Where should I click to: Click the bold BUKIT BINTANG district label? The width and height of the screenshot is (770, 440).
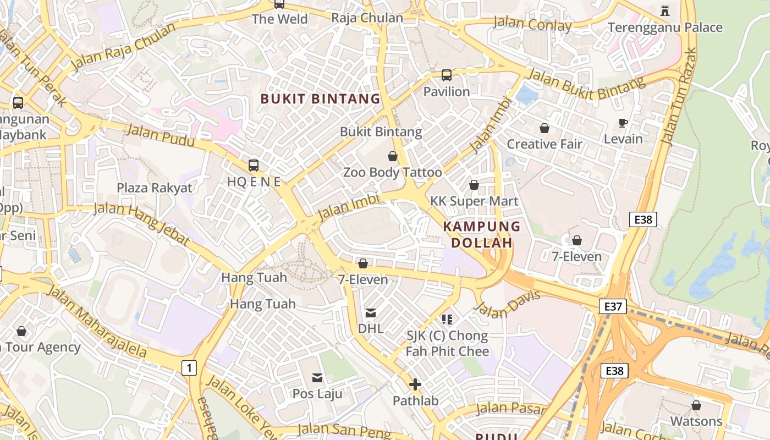tap(320, 99)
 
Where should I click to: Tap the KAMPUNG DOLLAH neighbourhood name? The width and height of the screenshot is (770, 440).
tap(482, 234)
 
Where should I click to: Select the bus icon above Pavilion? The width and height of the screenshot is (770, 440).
tap(447, 75)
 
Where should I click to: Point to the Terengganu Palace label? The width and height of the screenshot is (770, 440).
tap(665, 28)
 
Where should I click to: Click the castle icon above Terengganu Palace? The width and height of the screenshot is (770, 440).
tap(665, 10)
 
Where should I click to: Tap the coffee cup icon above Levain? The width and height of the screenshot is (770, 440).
tap(623, 123)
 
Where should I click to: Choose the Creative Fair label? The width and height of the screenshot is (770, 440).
tap(544, 144)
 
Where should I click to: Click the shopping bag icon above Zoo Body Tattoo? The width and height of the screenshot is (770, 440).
tap(393, 157)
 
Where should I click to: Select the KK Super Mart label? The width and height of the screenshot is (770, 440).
tap(474, 201)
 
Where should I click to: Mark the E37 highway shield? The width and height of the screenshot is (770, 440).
tap(613, 306)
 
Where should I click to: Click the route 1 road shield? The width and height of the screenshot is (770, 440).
tap(189, 367)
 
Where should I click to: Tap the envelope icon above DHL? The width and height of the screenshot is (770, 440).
tap(371, 313)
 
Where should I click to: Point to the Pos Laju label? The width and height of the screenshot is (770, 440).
tap(317, 394)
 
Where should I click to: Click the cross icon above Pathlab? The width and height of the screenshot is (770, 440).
tap(415, 384)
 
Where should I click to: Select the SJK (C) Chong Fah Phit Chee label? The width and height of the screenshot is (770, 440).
tap(447, 343)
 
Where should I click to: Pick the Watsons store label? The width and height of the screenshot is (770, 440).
tap(696, 421)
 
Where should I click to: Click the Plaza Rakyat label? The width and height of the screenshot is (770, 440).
tap(155, 188)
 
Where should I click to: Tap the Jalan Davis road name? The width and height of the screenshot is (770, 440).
tap(507, 304)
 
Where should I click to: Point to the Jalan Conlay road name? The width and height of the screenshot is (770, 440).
tap(532, 24)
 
